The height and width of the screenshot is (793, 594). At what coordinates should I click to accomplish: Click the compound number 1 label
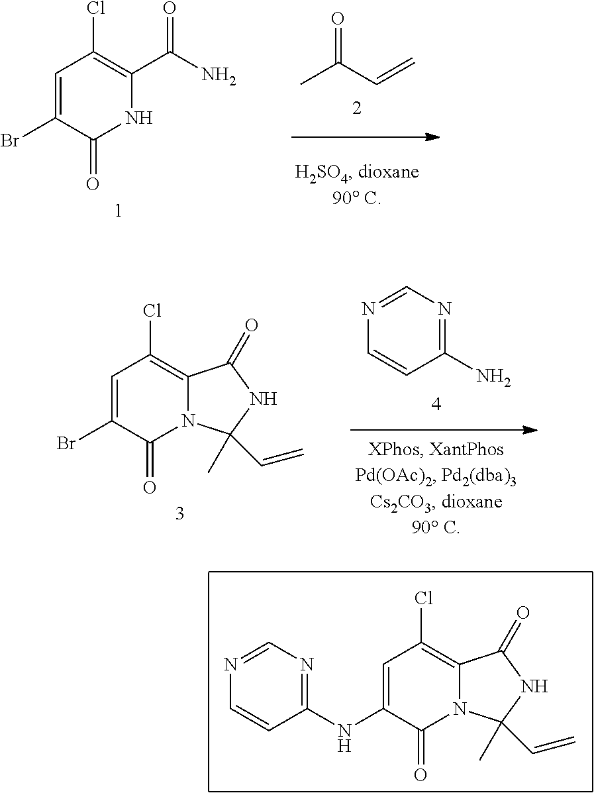point(119,213)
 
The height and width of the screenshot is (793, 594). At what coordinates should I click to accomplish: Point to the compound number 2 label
point(356,109)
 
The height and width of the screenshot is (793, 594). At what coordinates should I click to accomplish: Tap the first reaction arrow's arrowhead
point(432,137)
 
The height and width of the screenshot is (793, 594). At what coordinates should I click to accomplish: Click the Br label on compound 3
point(66,443)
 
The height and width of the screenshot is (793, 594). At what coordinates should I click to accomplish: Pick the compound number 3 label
point(179,513)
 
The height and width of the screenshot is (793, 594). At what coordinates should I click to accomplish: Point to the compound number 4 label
point(436,404)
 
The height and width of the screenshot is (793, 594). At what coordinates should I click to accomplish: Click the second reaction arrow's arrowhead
point(529,429)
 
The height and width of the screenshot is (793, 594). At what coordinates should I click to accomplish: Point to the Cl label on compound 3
point(152,311)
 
